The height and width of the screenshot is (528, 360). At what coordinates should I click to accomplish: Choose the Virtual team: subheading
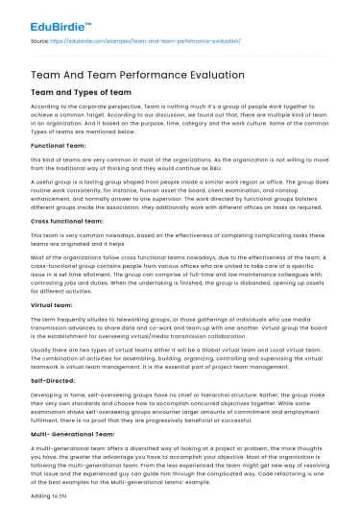click(54, 302)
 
